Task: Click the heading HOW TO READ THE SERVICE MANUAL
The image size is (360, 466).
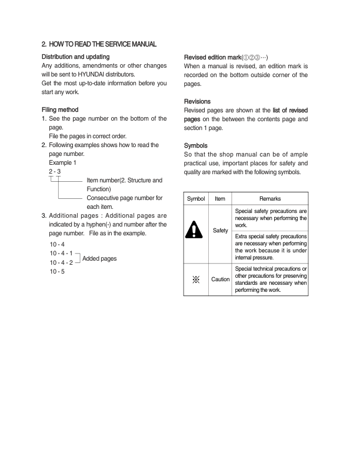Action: (x=106, y=45)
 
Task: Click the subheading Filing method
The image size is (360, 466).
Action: (x=61, y=110)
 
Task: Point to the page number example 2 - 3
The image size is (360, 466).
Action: (x=56, y=171)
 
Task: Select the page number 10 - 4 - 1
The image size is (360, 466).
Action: (x=62, y=253)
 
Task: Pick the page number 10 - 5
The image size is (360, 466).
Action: (x=57, y=271)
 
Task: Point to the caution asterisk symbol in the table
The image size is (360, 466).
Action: (x=197, y=279)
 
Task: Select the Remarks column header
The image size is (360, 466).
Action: (x=269, y=199)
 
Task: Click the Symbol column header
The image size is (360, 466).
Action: (x=197, y=199)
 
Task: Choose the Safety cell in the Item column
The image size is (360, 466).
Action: (x=220, y=231)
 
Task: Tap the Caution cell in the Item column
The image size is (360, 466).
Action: (x=220, y=279)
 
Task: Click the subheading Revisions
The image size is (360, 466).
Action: (x=197, y=102)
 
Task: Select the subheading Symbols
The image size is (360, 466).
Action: (x=196, y=145)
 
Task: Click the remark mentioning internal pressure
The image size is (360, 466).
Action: (x=269, y=247)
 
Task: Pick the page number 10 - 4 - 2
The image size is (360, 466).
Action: (x=62, y=262)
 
